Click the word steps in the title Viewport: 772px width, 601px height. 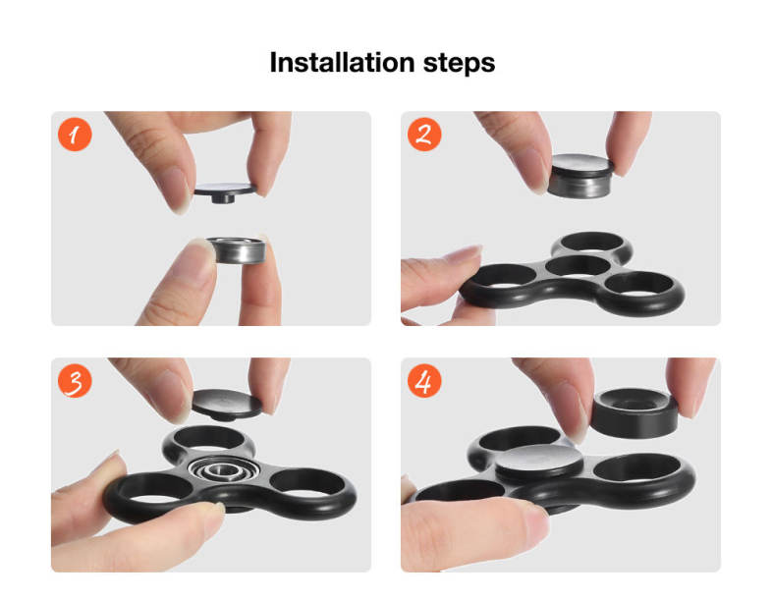459,64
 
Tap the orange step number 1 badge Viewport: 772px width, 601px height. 75,135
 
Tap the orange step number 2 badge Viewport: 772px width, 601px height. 424,135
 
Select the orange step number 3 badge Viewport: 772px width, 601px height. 75,381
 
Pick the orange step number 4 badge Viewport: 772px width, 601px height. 424,381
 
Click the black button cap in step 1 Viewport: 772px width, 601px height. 225,192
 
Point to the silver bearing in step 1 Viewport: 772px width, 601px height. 237,250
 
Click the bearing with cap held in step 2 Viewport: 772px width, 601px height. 581,176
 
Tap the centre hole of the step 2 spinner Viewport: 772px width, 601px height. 578,266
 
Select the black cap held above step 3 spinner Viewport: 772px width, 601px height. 227,405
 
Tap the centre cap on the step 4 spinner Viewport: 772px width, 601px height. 538,464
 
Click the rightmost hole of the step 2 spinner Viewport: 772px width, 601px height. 639,285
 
